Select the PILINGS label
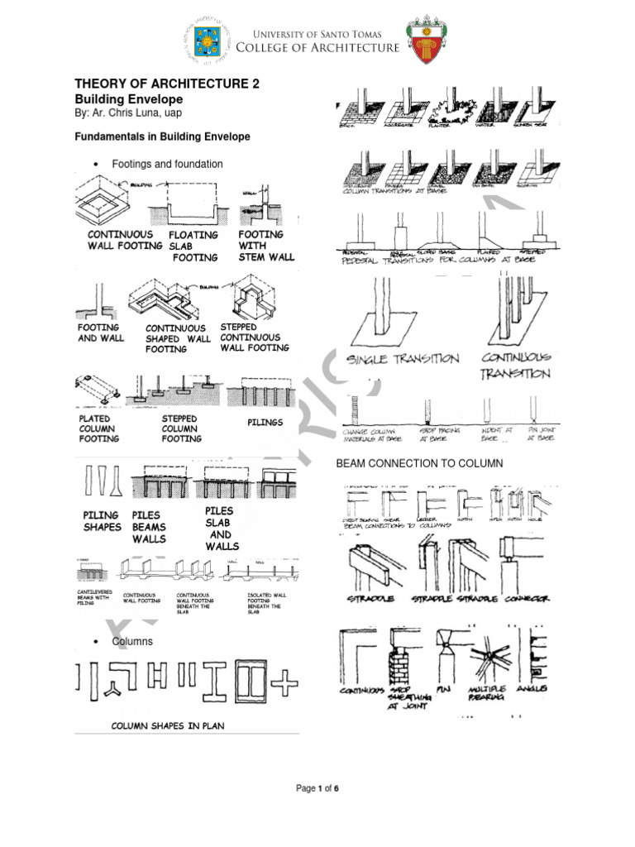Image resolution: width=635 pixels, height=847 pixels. point(265,422)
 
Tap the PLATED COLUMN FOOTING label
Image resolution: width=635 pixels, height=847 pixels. point(98,428)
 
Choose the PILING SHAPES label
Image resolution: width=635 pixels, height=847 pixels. point(101,521)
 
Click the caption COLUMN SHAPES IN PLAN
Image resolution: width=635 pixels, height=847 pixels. point(168,725)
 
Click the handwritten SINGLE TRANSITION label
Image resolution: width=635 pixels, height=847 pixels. point(403,359)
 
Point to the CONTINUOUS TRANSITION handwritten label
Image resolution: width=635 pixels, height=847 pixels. point(516,366)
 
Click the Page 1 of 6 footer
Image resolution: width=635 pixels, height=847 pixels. point(317,788)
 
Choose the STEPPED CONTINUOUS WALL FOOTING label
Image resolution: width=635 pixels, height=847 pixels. point(254,337)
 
